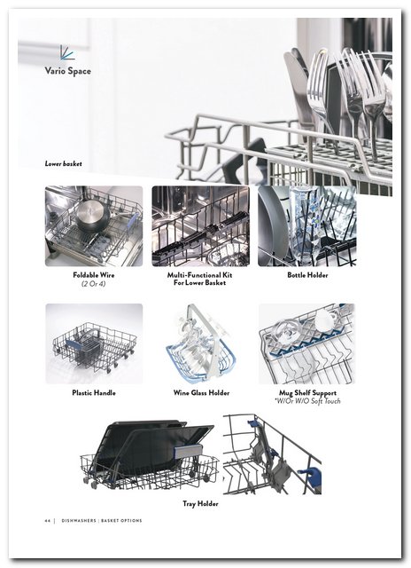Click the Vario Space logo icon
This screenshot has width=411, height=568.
67,52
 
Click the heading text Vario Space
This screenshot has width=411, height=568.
67,71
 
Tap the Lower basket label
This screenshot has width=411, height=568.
63,163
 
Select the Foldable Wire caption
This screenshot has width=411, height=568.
94,275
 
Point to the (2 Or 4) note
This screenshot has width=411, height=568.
94,284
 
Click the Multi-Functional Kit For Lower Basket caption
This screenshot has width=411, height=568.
199,279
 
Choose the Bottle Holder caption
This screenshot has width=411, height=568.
307,275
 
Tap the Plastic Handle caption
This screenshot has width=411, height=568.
94,392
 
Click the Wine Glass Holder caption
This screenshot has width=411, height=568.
201,392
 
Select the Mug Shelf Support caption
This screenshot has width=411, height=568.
307,392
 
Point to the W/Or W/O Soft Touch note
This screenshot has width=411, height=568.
307,401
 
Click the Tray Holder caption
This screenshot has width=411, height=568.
200,503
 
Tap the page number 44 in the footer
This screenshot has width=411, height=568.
47,521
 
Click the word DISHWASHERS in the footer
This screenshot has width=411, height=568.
79,521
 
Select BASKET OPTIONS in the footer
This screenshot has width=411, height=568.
121,521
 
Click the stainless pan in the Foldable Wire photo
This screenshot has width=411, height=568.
92,217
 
